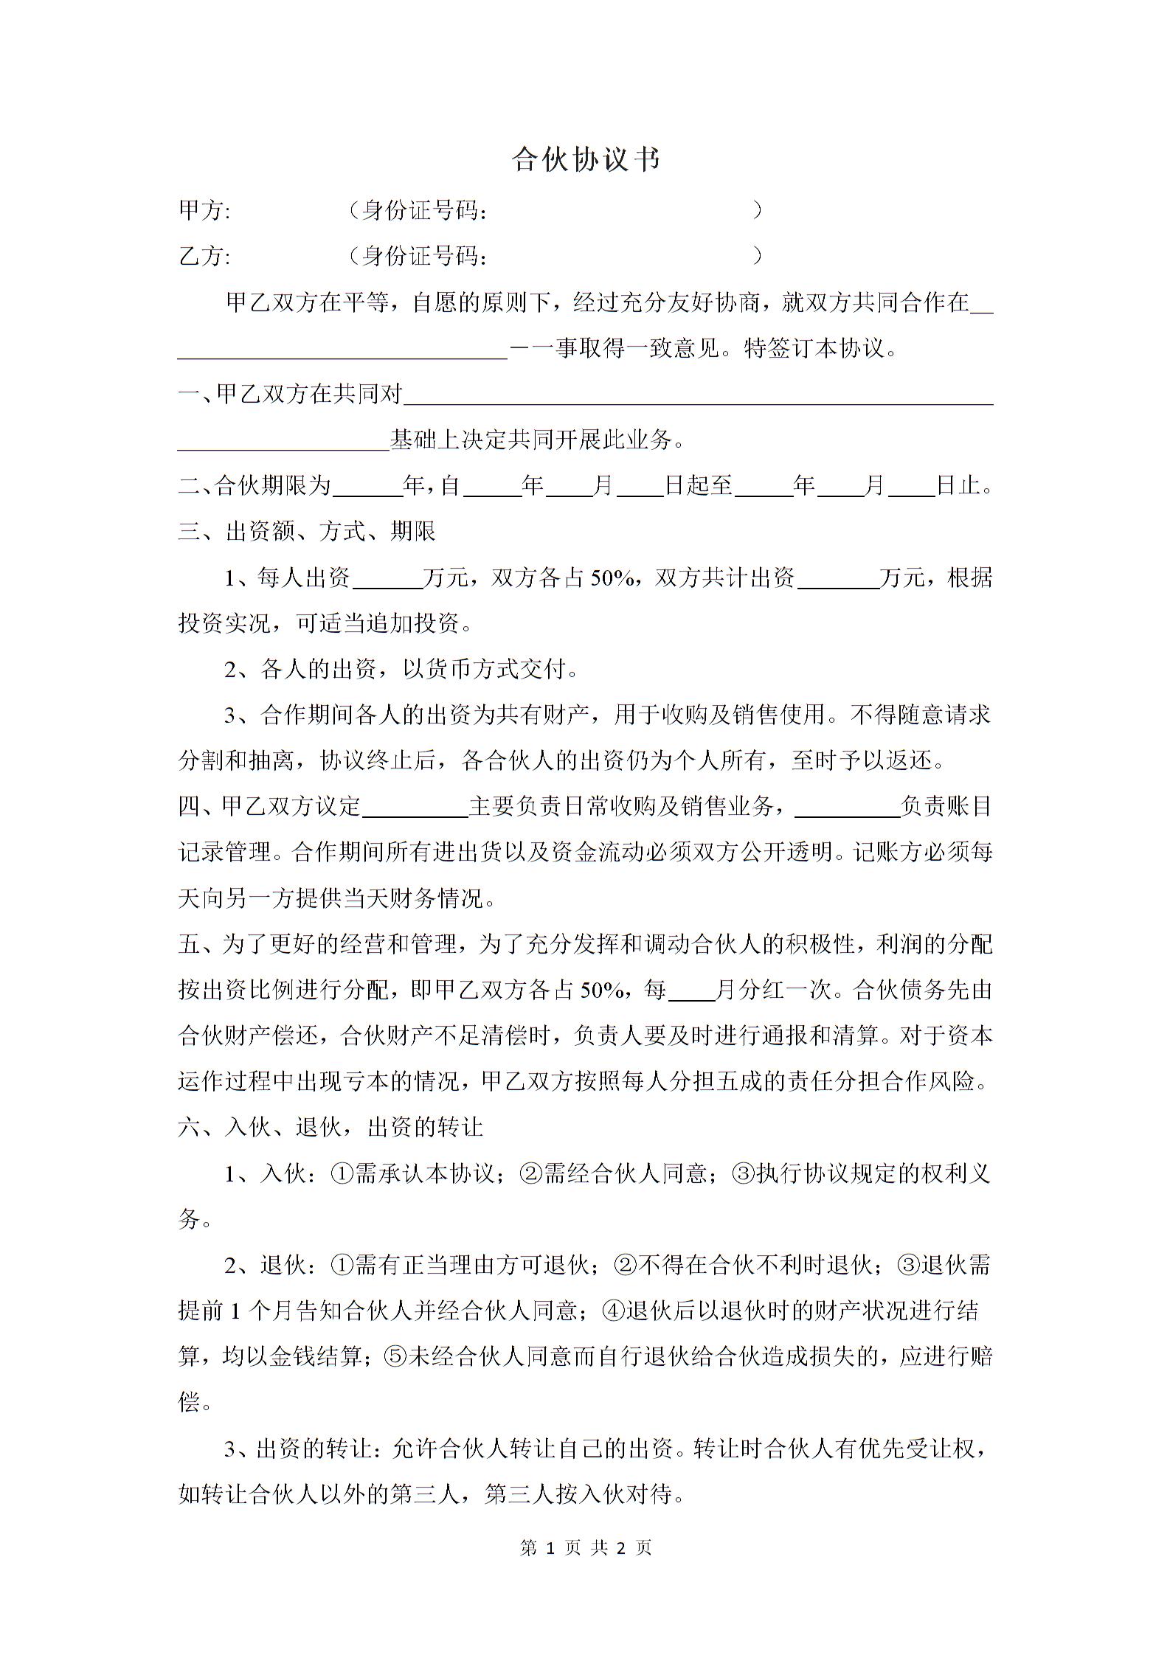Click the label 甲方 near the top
click(x=204, y=211)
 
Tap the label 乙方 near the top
click(x=204, y=257)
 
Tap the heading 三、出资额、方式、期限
click(x=307, y=532)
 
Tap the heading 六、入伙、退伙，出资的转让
click(x=330, y=1128)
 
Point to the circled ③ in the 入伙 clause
click(x=742, y=1174)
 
